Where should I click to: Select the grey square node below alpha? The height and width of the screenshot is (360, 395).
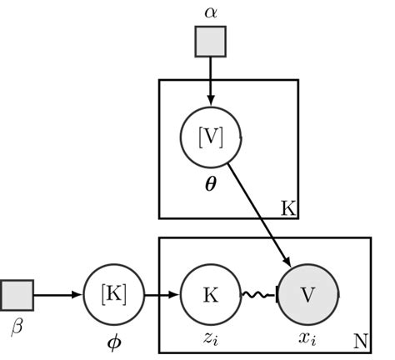tap(210, 41)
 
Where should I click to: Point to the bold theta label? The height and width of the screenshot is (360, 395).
tap(211, 179)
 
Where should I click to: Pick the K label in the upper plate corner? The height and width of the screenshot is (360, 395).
tap(287, 208)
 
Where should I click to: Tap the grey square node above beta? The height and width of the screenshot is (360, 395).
tap(17, 294)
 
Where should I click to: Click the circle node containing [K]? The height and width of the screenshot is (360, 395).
tap(113, 295)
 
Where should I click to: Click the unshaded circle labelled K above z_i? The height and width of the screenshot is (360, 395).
tap(211, 295)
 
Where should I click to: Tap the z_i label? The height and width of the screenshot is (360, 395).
tap(211, 337)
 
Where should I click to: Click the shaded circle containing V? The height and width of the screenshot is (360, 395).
tap(307, 295)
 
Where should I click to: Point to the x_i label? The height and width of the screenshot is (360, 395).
tap(307, 337)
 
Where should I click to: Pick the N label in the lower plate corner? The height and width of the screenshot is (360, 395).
tap(360, 341)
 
